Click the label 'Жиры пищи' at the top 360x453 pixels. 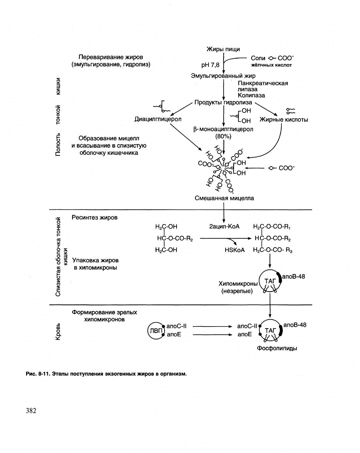pos(223,49)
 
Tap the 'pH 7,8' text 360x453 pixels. pos(210,65)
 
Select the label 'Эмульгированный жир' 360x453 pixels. pos(223,76)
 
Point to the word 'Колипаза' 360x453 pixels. pos(251,95)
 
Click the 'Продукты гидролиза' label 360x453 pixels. pos(223,102)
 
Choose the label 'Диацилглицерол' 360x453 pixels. pos(158,119)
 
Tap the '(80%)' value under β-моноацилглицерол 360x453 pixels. pos(223,137)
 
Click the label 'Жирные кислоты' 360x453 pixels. pos(284,119)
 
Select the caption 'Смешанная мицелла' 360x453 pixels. pos(224,198)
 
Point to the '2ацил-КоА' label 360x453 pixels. pos(224,226)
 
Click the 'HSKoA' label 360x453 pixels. pos(235,250)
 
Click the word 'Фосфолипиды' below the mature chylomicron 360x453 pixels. pos(277,348)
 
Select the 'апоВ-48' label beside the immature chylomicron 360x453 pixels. pos(293,276)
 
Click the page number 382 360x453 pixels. pos(31,411)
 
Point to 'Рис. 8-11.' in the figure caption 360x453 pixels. pos(38,374)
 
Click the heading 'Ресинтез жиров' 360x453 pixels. pos(95,217)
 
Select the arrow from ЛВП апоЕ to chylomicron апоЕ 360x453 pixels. pos(212,335)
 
